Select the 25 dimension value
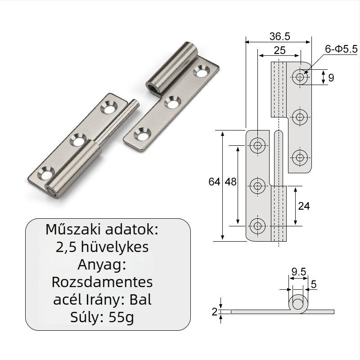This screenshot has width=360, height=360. click(279, 50)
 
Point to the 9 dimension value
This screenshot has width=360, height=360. click(331, 77)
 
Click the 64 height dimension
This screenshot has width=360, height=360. click(214, 182)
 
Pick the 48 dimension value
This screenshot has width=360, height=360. click(230, 182)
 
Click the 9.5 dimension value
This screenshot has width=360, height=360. click(299, 271)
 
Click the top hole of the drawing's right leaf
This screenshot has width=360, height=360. click(300, 77)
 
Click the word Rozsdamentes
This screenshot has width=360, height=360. click(102, 282)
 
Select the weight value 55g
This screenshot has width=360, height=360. click(121, 318)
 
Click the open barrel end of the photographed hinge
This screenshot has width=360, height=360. click(153, 86)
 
